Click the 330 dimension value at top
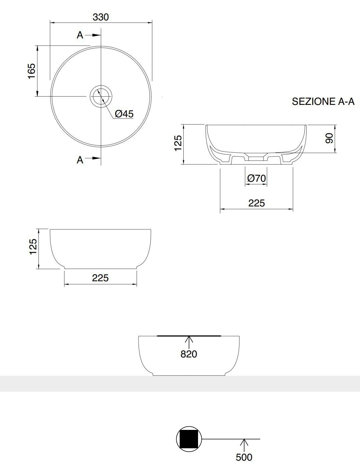tap(101, 17)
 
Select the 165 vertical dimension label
tap(32, 71)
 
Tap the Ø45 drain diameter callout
tap(124, 114)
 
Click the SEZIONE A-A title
tap(323, 102)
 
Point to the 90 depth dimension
tap(329, 138)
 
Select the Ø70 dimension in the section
tap(256, 178)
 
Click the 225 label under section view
tap(256, 203)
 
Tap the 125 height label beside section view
tap(178, 143)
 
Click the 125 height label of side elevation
tap(33, 247)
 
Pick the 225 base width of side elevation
tap(100, 278)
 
